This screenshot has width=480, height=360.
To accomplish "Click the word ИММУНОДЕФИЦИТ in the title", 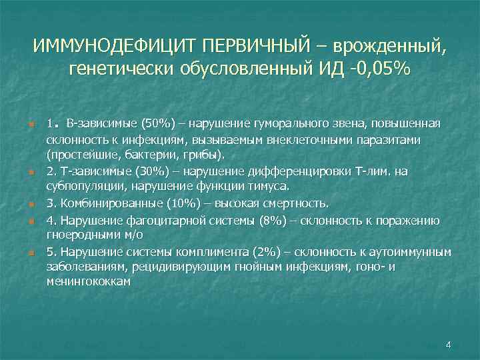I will (x=115, y=47).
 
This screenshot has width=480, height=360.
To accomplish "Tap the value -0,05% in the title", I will (x=379, y=69).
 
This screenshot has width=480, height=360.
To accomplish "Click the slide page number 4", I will (x=448, y=345).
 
